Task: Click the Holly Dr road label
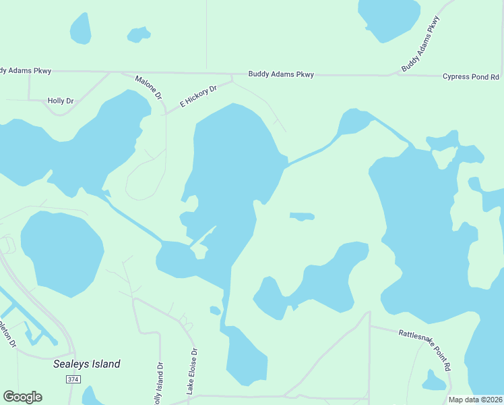(60, 101)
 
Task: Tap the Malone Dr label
(149, 88)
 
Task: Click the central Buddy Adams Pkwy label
(281, 74)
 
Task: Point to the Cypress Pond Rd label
(471, 77)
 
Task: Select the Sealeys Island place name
(86, 364)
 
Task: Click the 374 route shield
(73, 380)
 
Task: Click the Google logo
(22, 397)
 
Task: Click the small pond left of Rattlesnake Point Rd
(433, 382)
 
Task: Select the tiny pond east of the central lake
(302, 217)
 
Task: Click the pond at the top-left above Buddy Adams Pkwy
(81, 28)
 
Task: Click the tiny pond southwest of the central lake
(215, 310)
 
